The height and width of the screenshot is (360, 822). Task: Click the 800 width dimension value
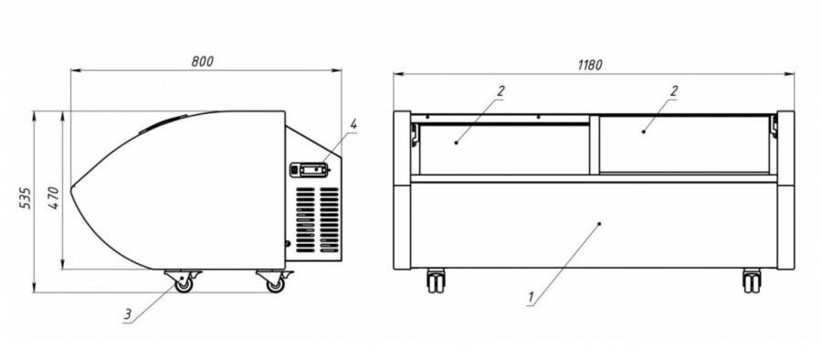[203, 61]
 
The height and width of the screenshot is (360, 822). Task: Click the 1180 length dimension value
[590, 65]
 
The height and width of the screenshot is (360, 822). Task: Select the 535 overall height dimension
[26, 198]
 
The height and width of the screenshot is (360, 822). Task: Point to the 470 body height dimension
[54, 198]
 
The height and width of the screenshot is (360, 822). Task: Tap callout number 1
[531, 298]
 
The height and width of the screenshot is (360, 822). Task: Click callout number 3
[127, 314]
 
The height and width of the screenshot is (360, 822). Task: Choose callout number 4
[353, 124]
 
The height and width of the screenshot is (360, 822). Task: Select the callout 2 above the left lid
[501, 90]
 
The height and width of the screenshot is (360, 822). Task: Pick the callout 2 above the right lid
[674, 90]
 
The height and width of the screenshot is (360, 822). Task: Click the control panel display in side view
[310, 170]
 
